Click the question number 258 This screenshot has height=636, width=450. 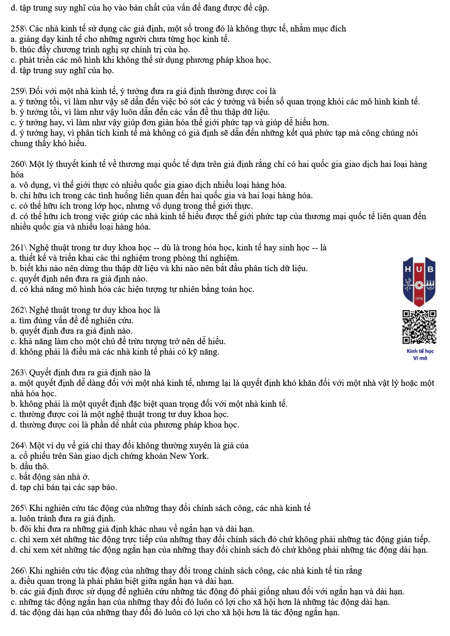(18, 29)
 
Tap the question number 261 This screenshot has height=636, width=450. (18, 248)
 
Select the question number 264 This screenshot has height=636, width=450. (18, 446)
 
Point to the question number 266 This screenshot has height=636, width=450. (18, 571)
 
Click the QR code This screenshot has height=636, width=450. (419, 327)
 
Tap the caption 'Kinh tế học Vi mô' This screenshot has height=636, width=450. (420, 355)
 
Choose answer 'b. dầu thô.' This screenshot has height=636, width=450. (29, 466)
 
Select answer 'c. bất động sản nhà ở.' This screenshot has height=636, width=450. (50, 477)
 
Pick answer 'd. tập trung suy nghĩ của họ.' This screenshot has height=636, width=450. (62, 71)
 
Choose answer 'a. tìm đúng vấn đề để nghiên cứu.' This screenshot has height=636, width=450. (72, 321)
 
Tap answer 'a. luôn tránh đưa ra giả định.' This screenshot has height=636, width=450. (63, 519)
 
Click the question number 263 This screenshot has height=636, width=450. (18, 373)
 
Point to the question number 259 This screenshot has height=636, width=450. (18, 91)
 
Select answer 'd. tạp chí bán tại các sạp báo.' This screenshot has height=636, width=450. (64, 488)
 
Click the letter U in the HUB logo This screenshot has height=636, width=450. (419, 269)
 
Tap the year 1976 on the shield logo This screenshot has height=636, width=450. (419, 298)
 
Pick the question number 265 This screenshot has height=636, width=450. (18, 508)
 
